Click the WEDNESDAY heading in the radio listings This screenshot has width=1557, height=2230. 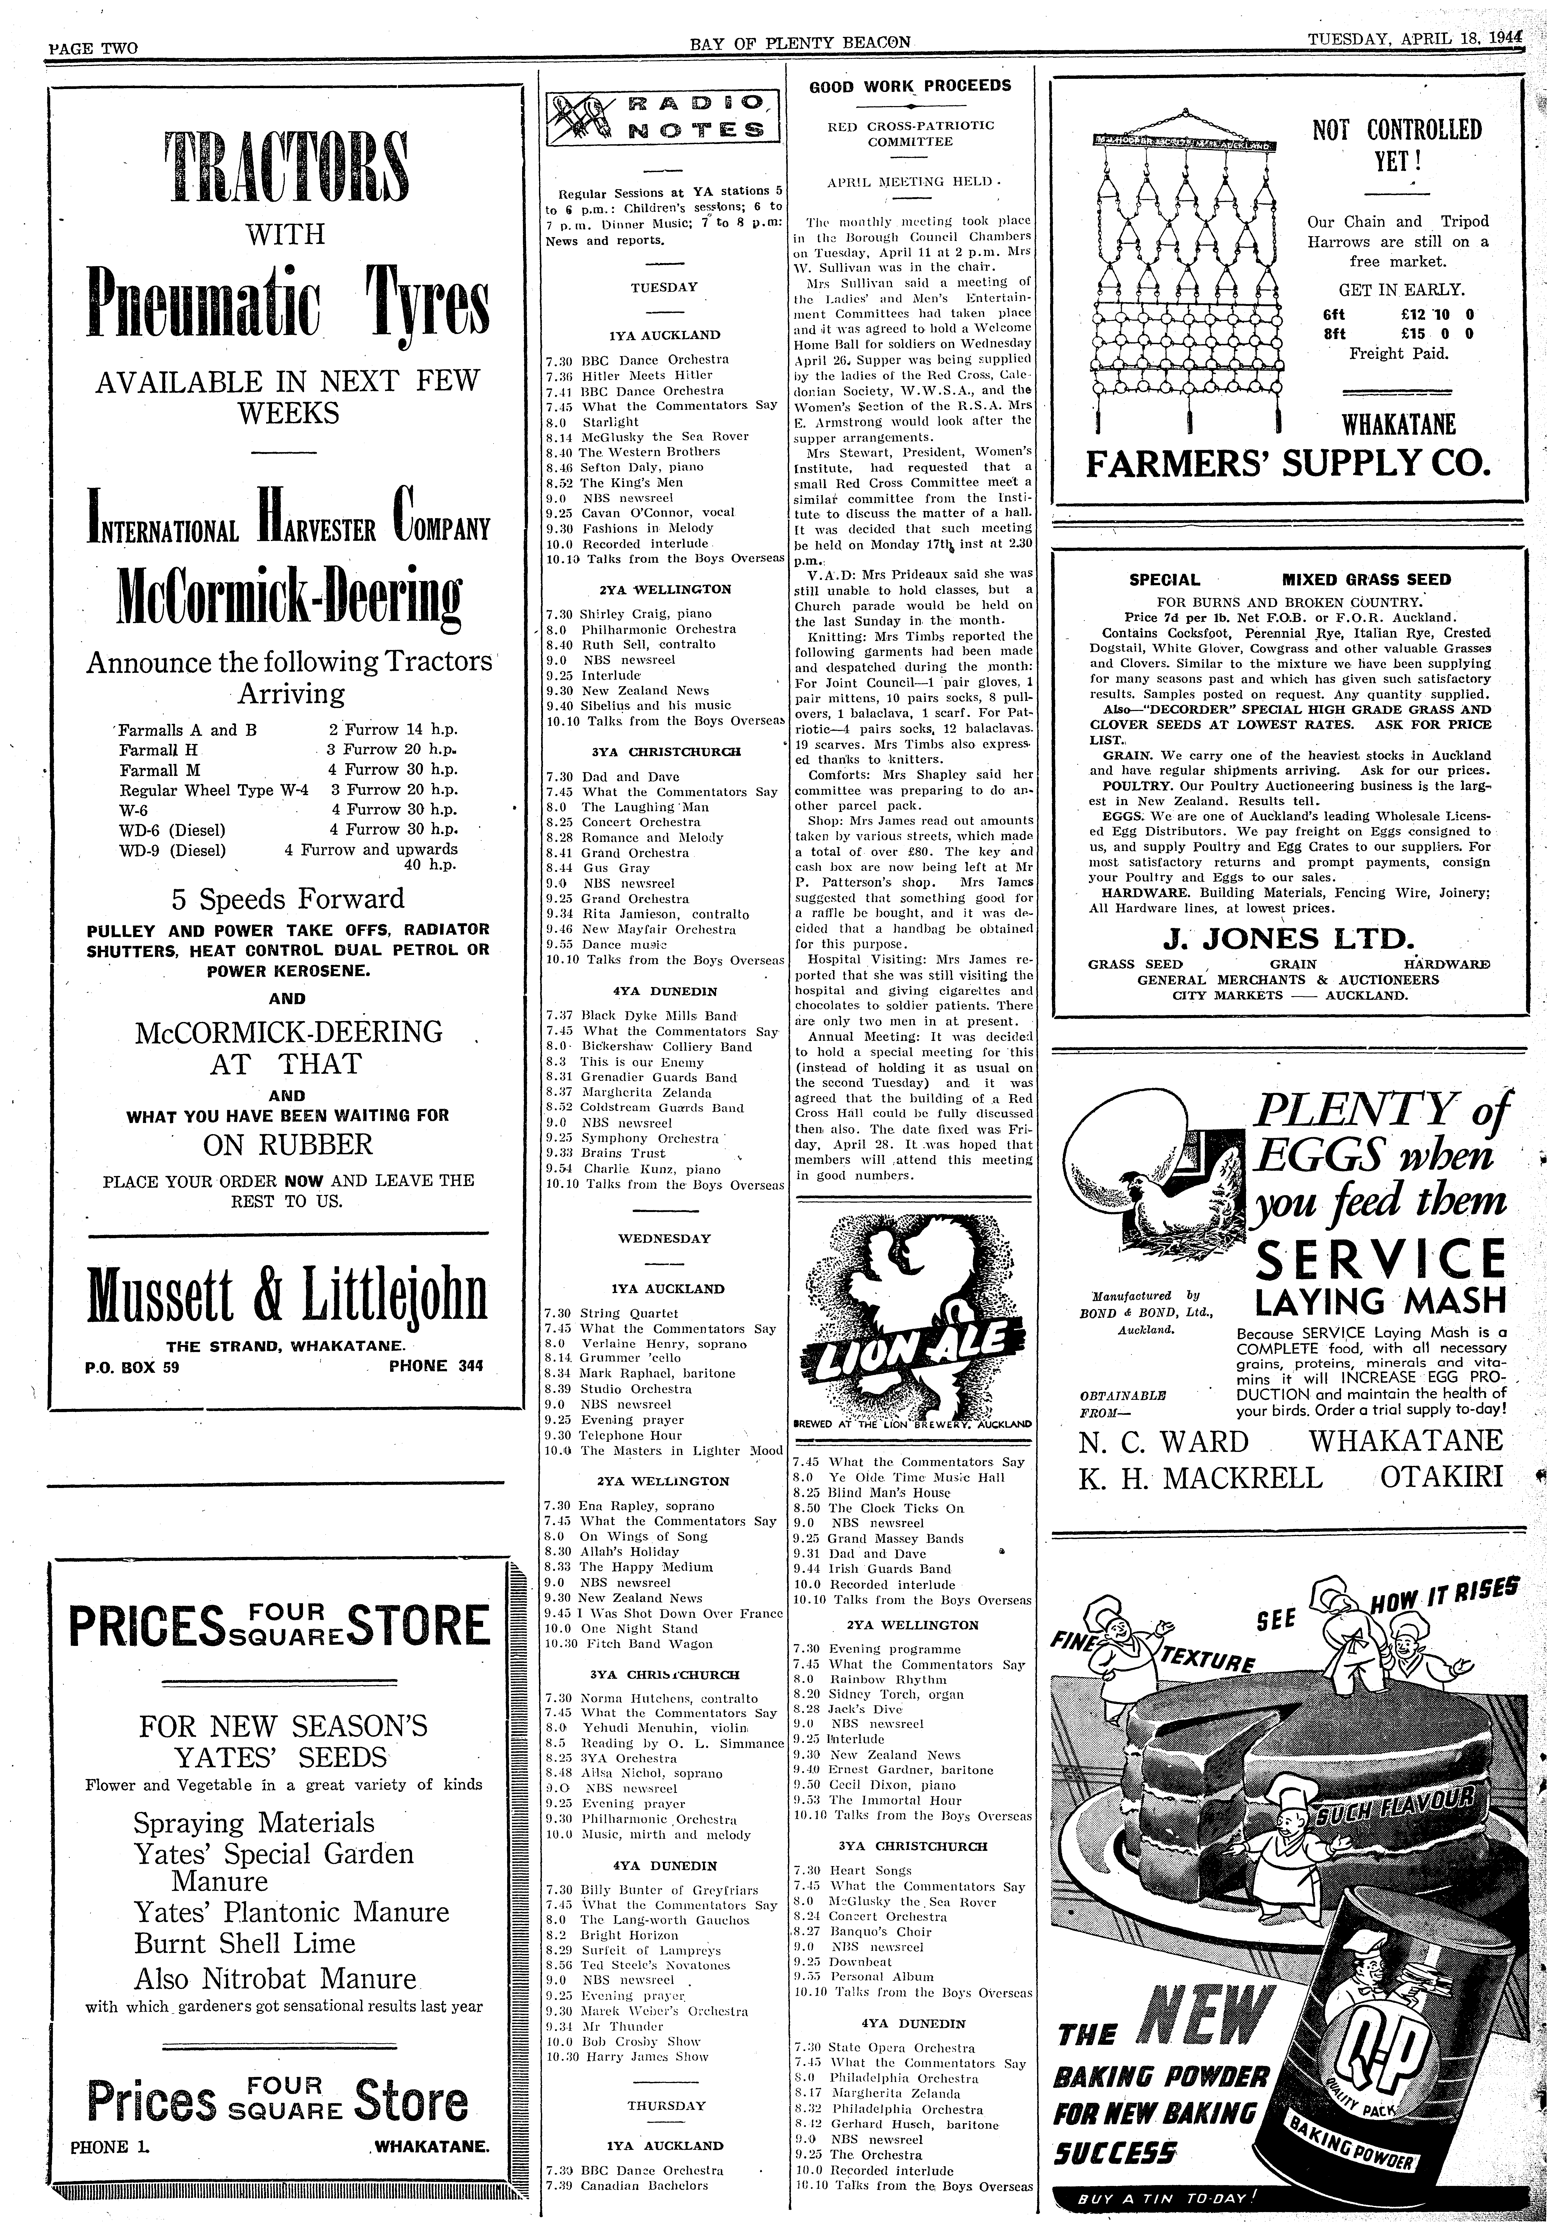click(x=664, y=1238)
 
